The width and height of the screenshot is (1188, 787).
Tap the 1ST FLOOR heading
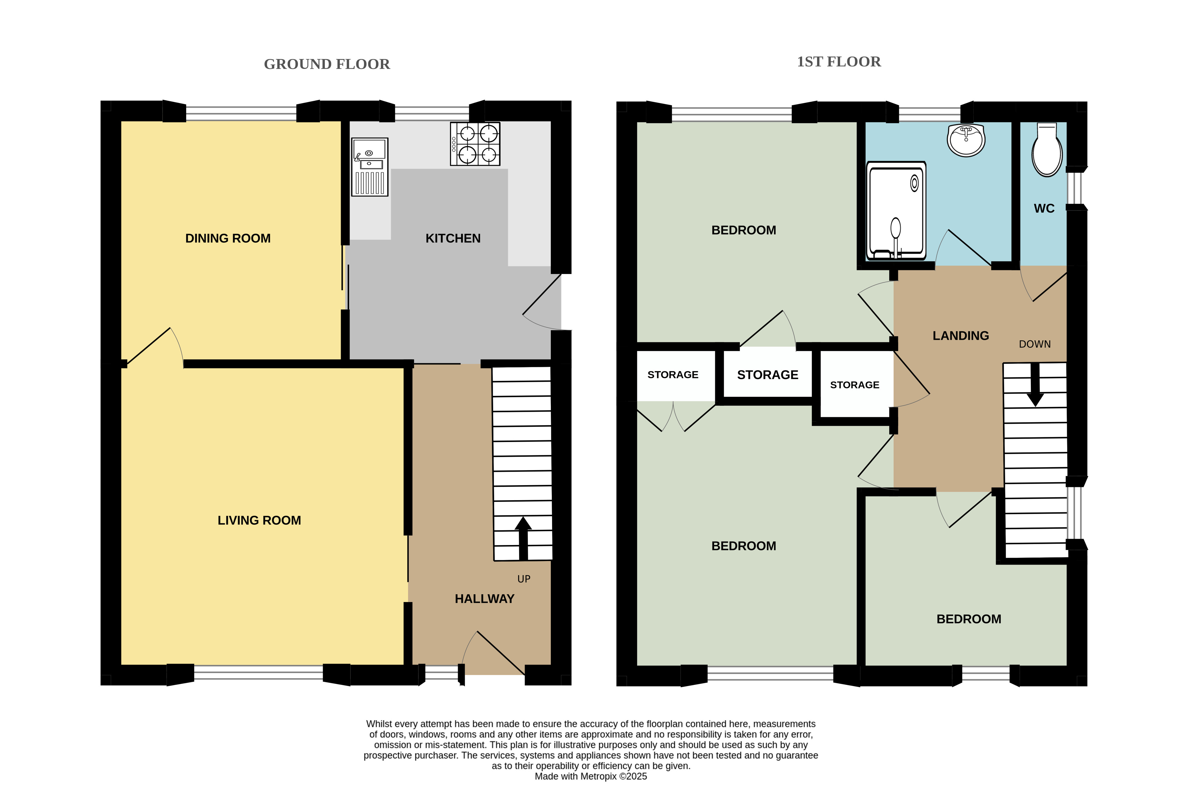coord(839,62)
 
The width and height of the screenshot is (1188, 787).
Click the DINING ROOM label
coord(228,238)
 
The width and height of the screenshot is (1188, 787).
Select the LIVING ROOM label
coord(259,520)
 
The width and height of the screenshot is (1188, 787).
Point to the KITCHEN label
coord(453,238)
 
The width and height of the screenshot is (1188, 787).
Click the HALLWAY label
coord(485,599)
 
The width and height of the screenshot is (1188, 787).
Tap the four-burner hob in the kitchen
coord(475,144)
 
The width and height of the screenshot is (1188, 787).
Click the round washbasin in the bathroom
coord(966,140)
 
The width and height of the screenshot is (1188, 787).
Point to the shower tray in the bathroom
coord(896,211)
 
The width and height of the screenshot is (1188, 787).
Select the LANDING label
coord(961,336)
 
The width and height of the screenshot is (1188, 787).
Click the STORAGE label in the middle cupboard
coord(768,375)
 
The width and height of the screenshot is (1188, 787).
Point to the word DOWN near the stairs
coord(1034,344)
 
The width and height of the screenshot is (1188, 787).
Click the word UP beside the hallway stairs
coord(524,579)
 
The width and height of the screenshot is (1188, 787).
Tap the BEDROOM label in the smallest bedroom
coord(969,619)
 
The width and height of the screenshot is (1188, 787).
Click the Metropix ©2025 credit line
coord(590,777)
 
